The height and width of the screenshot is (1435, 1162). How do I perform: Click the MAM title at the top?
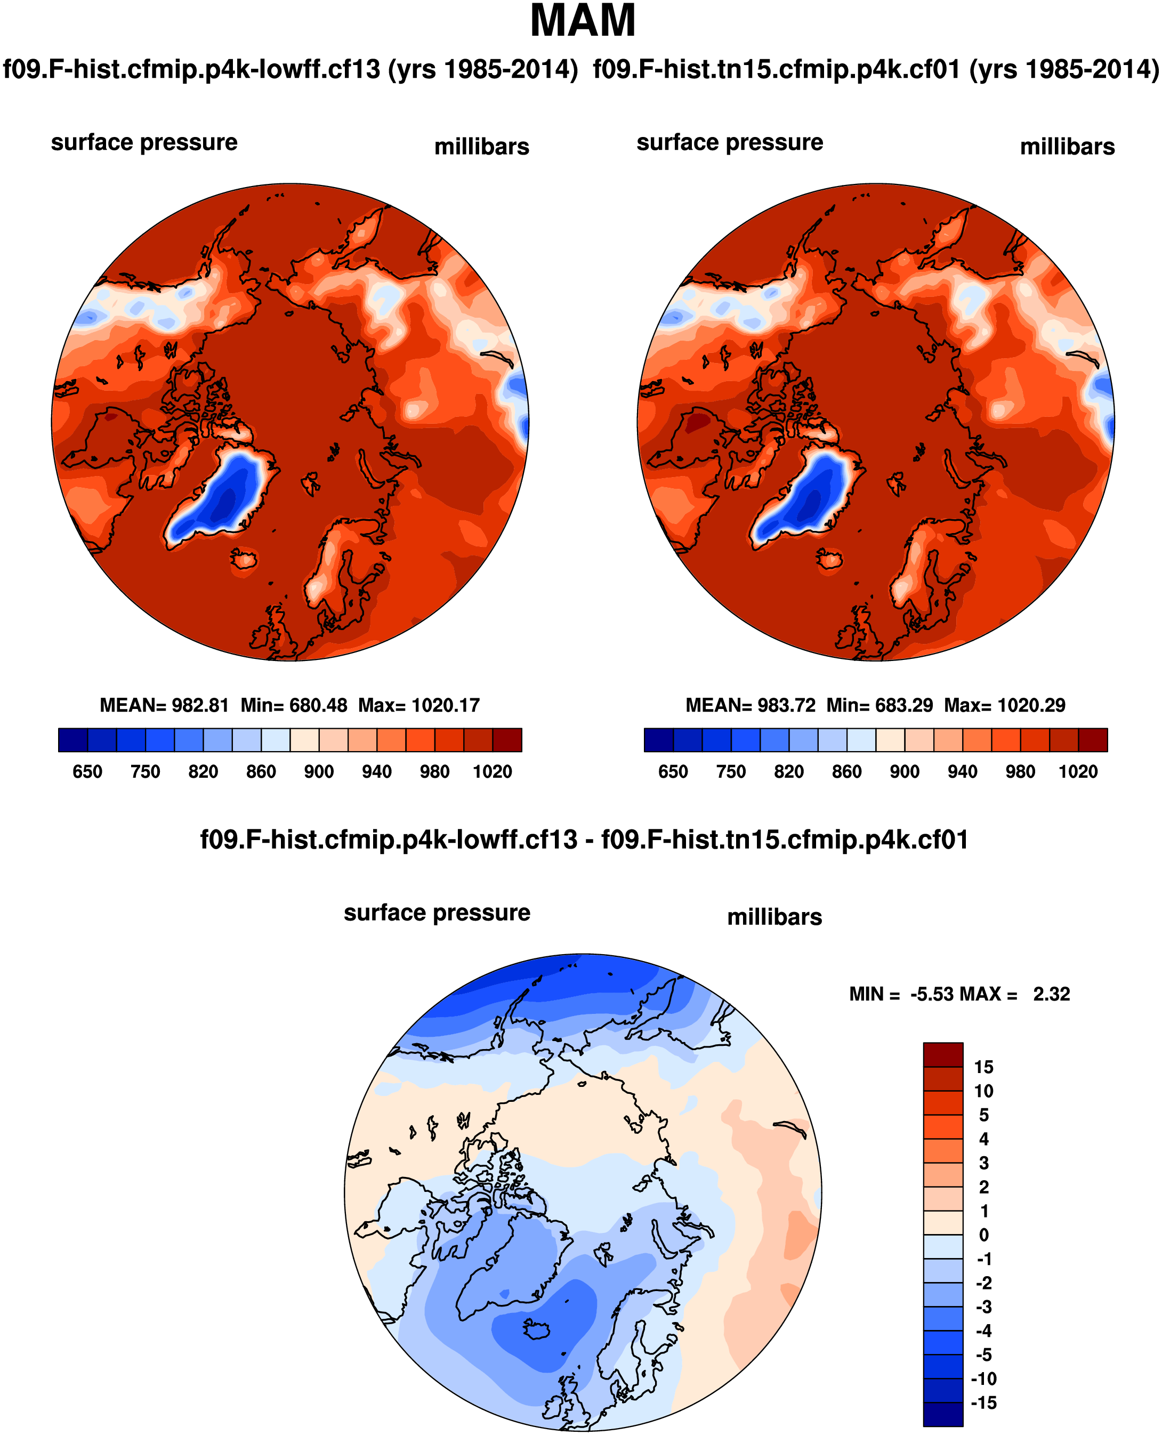583,21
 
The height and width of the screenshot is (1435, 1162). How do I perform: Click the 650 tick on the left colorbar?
88,772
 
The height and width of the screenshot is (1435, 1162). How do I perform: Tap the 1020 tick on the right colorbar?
1078,772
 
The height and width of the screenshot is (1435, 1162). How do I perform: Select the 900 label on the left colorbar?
319,772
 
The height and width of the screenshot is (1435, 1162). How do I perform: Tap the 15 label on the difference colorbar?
983,1067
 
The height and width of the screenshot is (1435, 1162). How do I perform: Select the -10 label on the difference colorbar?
983,1379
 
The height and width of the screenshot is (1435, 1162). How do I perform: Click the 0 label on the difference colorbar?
983,1235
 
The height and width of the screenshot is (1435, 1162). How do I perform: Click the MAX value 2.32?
1051,994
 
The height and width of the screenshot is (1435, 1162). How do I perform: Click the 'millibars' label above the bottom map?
774,917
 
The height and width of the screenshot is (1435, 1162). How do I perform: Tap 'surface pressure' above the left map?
144,142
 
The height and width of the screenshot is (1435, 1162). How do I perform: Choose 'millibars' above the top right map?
1067,147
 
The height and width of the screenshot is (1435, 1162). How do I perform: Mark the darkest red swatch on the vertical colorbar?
942,1054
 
